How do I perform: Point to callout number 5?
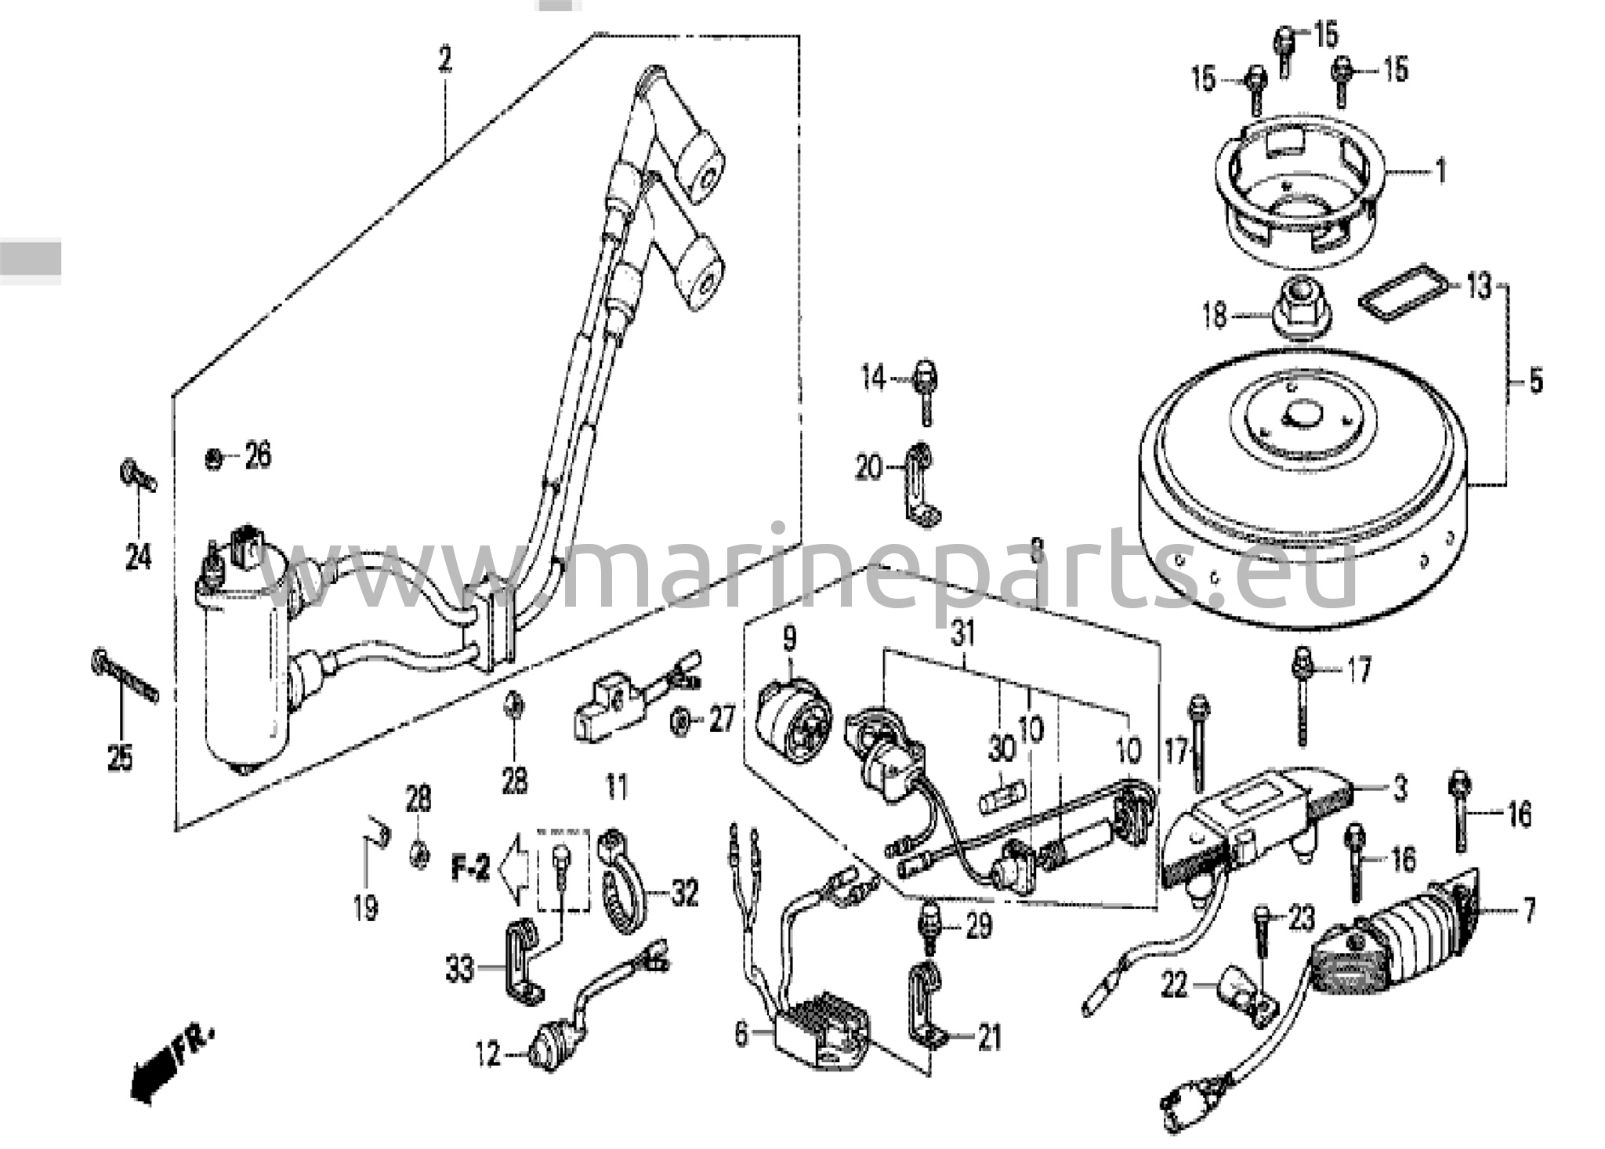(x=1535, y=382)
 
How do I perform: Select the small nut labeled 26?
(x=212, y=458)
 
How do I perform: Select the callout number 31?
(x=962, y=633)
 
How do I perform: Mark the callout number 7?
(x=1529, y=910)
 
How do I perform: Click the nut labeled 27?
(x=679, y=719)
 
